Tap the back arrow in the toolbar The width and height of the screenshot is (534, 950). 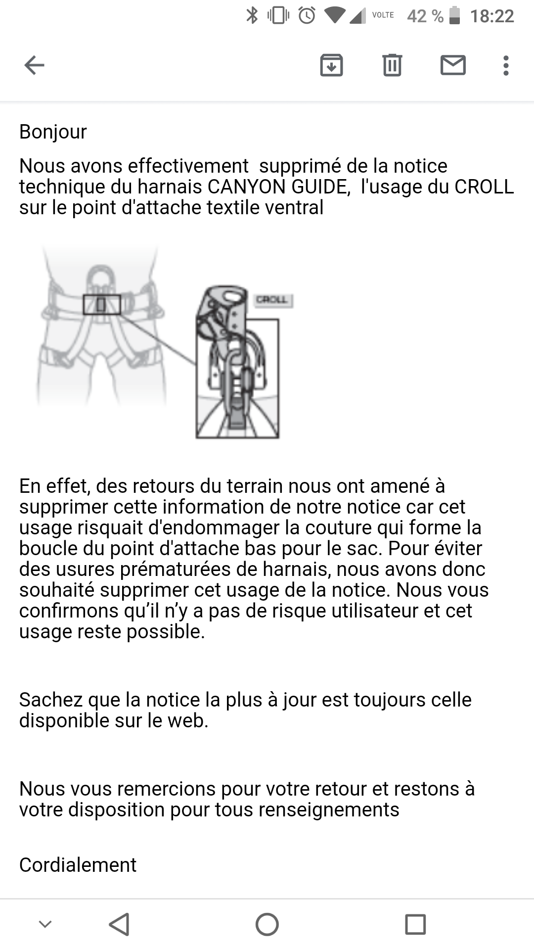pos(34,65)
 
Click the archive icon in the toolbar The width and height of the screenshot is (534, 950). pos(331,65)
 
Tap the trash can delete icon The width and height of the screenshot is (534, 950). pos(392,65)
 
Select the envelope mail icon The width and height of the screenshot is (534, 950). pos(453,65)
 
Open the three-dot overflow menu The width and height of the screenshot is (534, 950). pos(506,65)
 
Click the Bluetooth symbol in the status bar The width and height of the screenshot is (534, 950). pos(252,15)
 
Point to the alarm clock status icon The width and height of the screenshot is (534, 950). pos(307,15)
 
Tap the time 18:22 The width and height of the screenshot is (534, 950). pos(492,16)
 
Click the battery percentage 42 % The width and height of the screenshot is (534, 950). pos(425,16)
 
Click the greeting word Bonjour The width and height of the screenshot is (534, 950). pos(53,132)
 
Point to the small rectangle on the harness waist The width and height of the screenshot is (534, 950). pos(101,305)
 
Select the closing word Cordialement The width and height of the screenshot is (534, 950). pos(78,865)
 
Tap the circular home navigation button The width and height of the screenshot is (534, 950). pos(267,924)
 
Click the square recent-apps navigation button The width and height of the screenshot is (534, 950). pos(415,924)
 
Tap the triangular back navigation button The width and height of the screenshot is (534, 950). pos(120,924)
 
